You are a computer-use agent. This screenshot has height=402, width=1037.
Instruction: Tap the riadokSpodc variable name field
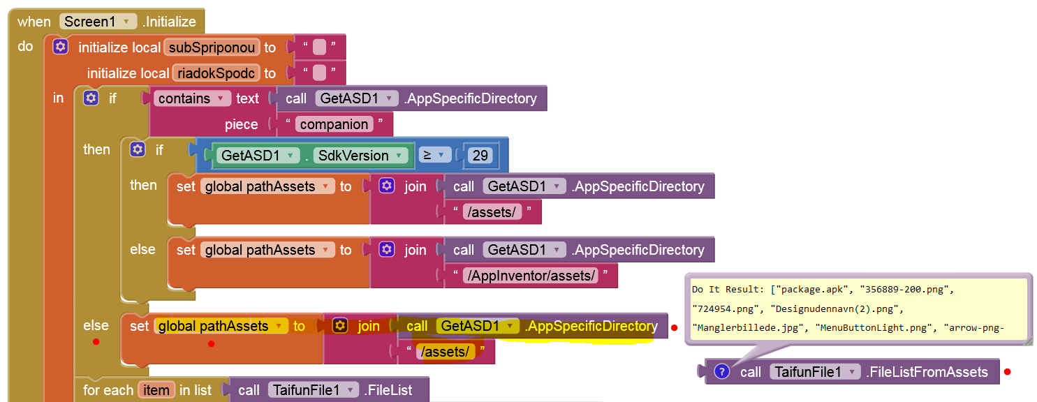216,73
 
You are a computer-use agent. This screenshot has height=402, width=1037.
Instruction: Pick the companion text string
334,124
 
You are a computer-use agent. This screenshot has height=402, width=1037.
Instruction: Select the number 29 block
480,156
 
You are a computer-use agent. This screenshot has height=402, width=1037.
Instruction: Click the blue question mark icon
723,372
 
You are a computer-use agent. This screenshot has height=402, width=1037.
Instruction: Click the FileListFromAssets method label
927,372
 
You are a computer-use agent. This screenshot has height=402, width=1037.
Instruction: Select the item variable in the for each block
156,390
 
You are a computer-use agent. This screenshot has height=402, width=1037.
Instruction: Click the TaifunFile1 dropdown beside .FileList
314,390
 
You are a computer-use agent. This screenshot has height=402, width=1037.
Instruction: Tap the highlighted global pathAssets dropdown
221,326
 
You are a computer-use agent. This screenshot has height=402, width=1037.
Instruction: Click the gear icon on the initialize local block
61,47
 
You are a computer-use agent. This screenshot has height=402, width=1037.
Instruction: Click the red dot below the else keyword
96,341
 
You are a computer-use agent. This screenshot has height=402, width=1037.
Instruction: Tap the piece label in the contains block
241,124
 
